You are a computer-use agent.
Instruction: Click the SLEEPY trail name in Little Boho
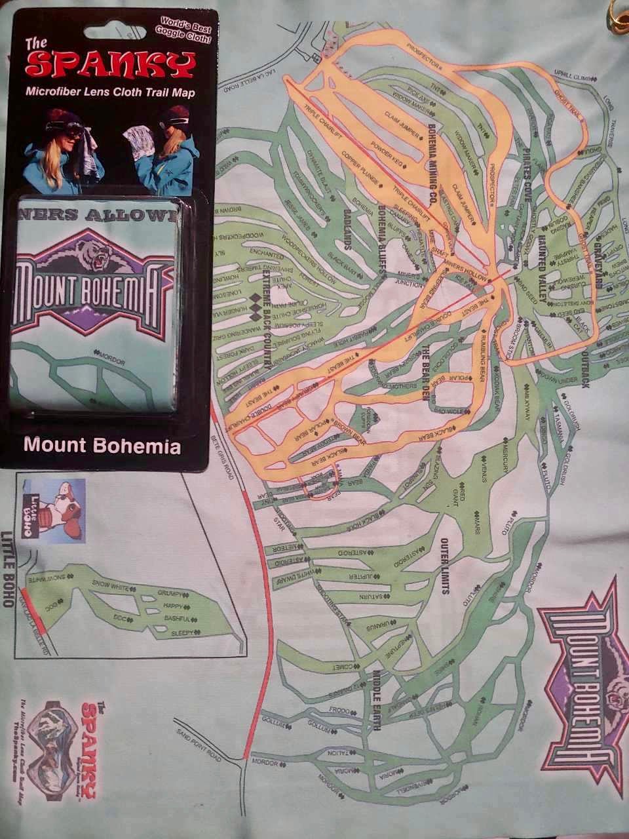[x=181, y=634]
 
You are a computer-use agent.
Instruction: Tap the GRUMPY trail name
[x=170, y=593]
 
